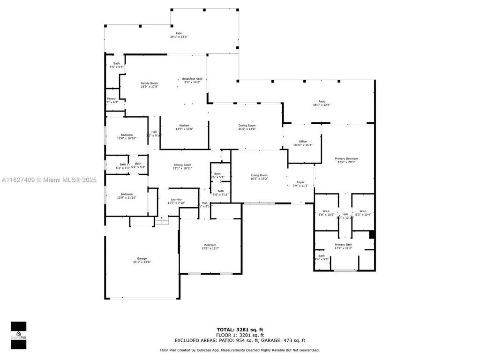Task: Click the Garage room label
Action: [142, 258]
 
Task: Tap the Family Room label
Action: [150, 83]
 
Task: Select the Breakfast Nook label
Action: [192, 79]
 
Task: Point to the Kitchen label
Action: [185, 126]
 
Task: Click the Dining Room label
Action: [247, 126]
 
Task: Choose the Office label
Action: [302, 142]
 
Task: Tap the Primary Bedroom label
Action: [346, 158]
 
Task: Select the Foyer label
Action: [300, 182]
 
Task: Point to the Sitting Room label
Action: [182, 165]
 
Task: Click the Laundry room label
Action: [176, 199]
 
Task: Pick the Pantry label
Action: [111, 99]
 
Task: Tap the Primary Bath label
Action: [343, 245]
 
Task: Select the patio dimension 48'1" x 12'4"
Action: [322, 105]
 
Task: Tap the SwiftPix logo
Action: [19, 335]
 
